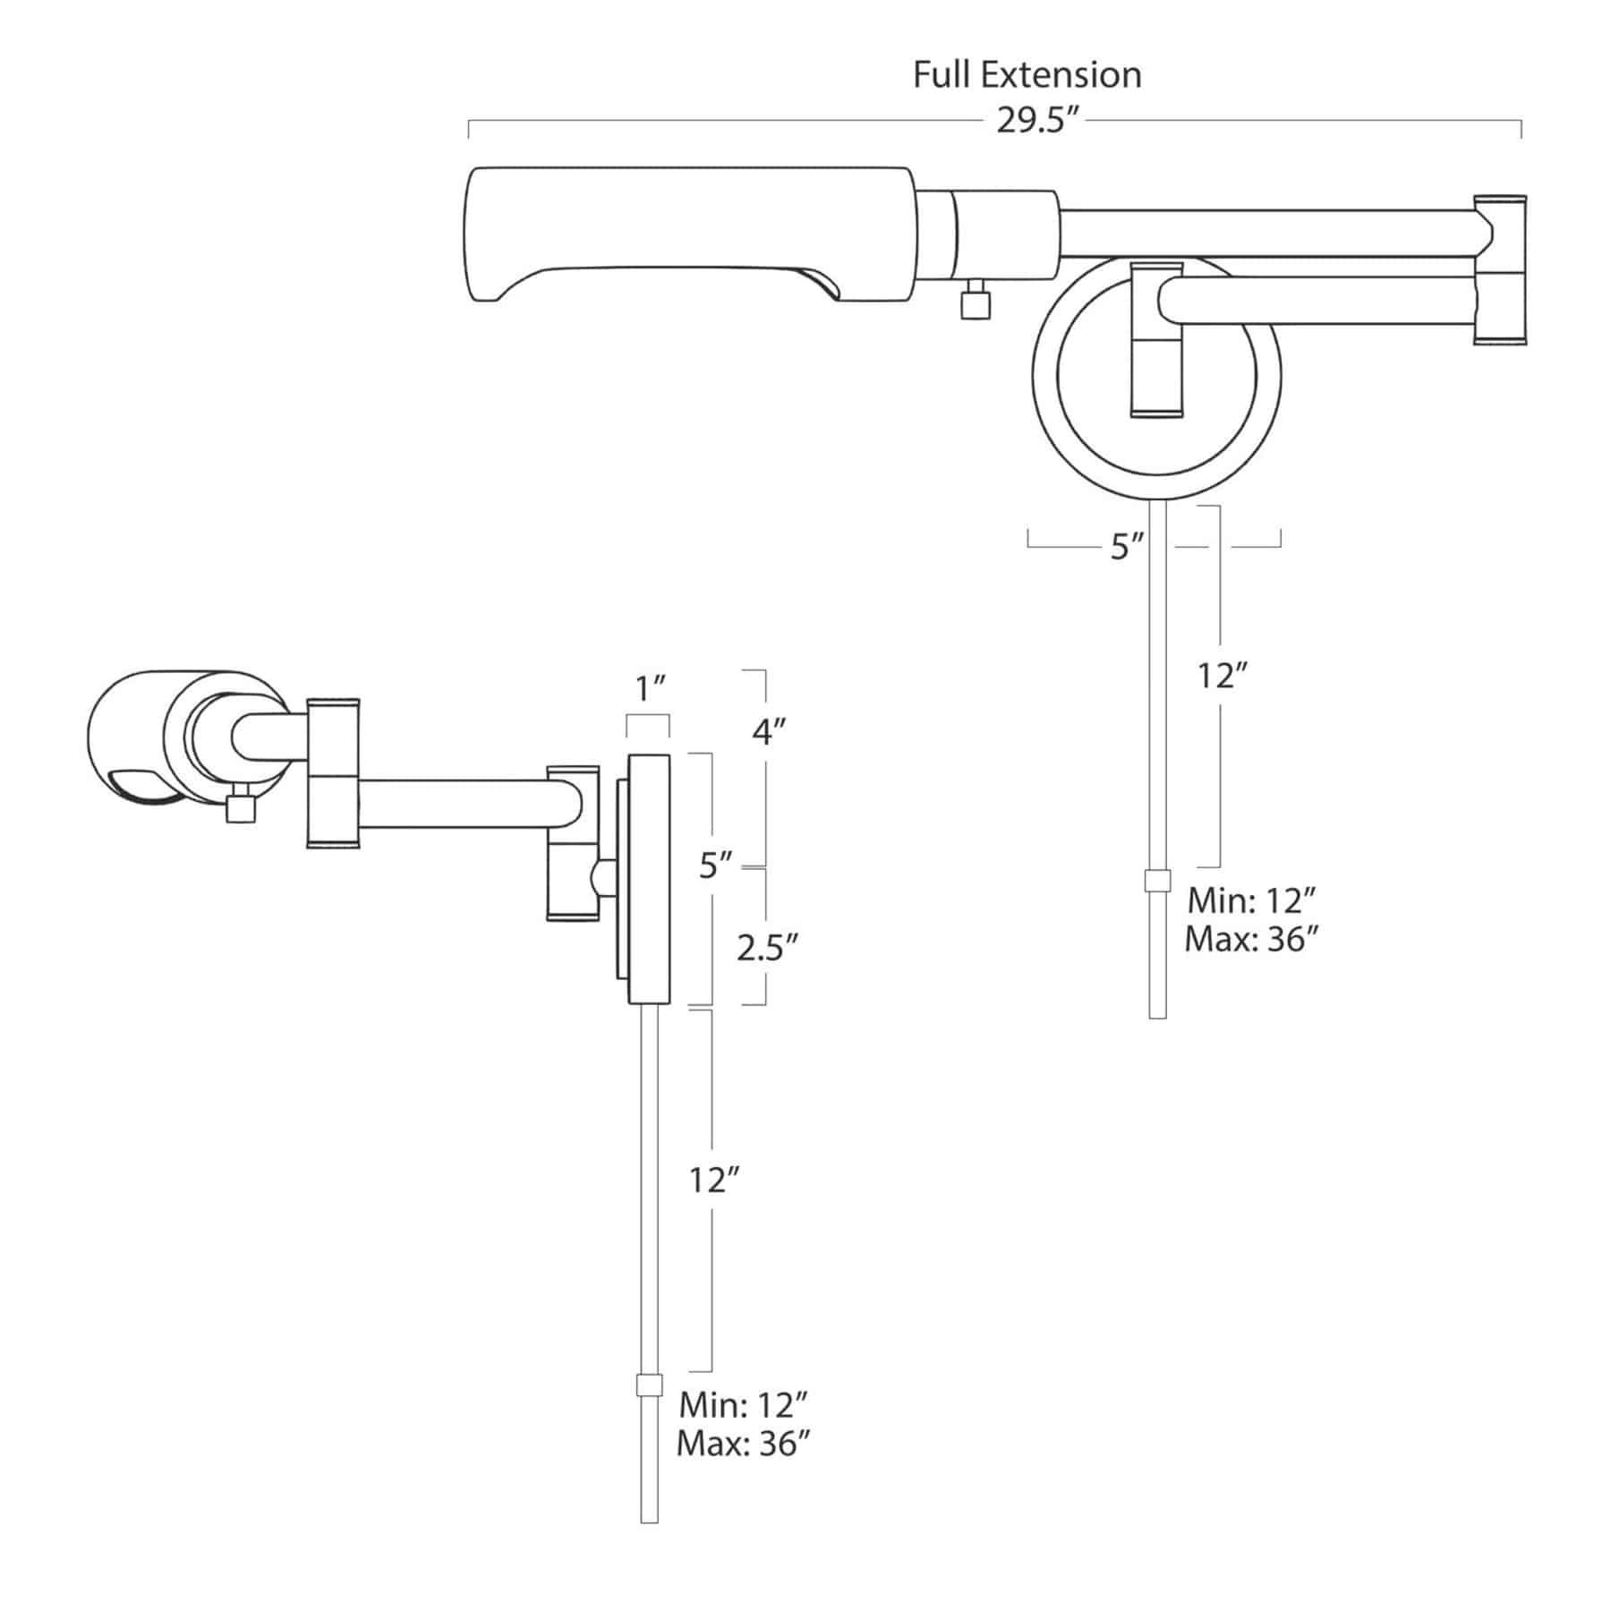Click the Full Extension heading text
click(1027, 75)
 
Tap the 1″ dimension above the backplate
click(650, 689)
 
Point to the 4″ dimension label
click(768, 732)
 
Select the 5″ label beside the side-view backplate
click(716, 866)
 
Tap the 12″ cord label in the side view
click(712, 1181)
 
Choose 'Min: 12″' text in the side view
click(745, 1405)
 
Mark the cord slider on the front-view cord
click(1157, 881)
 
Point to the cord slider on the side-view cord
click(649, 1385)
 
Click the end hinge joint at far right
click(1500, 268)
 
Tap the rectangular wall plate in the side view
click(649, 880)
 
